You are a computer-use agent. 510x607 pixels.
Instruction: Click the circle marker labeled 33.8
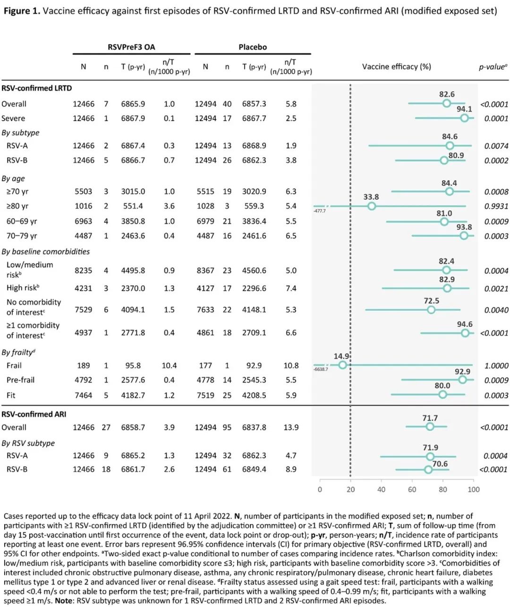click(371, 206)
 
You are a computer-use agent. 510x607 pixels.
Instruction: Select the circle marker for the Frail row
click(343, 365)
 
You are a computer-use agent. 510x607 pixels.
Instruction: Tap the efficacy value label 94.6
click(464, 324)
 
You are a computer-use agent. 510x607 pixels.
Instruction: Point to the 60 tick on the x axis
click(412, 489)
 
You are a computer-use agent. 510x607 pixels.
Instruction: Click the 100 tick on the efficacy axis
click(474, 489)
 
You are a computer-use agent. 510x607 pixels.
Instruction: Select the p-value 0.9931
click(496, 206)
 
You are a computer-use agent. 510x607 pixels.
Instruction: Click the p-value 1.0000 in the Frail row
click(496, 366)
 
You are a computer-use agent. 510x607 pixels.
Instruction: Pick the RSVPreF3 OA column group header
click(131, 47)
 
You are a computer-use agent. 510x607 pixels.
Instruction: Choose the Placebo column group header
click(253, 47)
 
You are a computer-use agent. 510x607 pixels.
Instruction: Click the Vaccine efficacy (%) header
click(396, 67)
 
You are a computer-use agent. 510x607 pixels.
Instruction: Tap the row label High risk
click(23, 288)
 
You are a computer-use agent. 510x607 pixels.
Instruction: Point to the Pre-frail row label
click(20, 380)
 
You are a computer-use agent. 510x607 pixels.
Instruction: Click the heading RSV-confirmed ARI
click(34, 414)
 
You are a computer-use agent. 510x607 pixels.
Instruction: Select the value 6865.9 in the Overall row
click(133, 104)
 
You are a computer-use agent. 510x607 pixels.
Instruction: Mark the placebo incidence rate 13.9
click(291, 427)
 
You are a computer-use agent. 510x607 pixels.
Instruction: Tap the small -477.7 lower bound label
click(320, 211)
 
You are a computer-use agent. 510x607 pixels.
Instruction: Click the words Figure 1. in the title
click(22, 11)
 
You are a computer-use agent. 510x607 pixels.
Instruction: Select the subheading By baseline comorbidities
click(46, 251)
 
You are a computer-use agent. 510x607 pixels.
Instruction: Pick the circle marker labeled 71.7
click(430, 427)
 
